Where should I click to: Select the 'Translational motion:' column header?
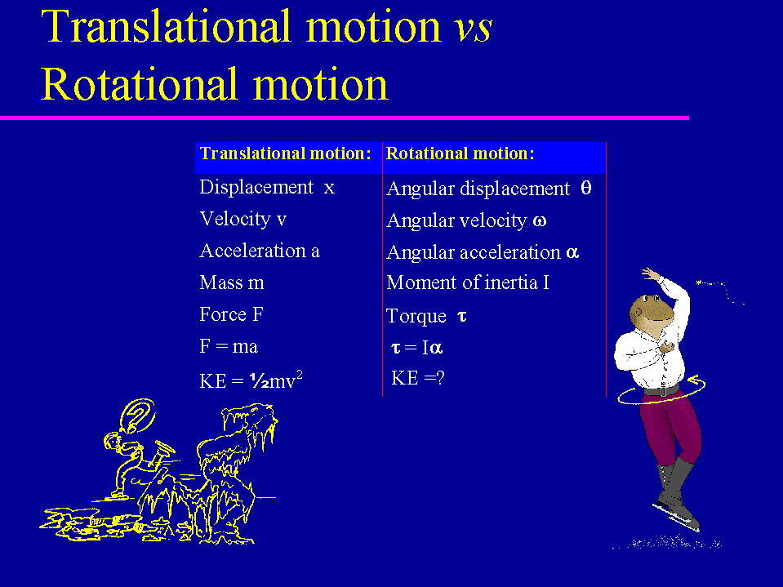[285, 153]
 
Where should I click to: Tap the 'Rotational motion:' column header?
[460, 153]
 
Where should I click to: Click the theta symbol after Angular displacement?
[586, 188]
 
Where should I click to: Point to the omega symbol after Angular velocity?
[540, 220]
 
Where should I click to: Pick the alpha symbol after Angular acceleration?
[572, 252]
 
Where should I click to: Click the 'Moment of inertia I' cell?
[467, 282]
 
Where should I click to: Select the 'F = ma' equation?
[229, 346]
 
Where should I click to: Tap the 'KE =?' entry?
[417, 378]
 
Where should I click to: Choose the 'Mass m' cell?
[232, 282]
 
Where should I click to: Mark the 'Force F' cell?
[231, 314]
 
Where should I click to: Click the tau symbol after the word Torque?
[462, 316]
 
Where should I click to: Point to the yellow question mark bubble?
[138, 416]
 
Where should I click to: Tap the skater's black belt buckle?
[662, 392]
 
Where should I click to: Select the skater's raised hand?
[651, 274]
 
